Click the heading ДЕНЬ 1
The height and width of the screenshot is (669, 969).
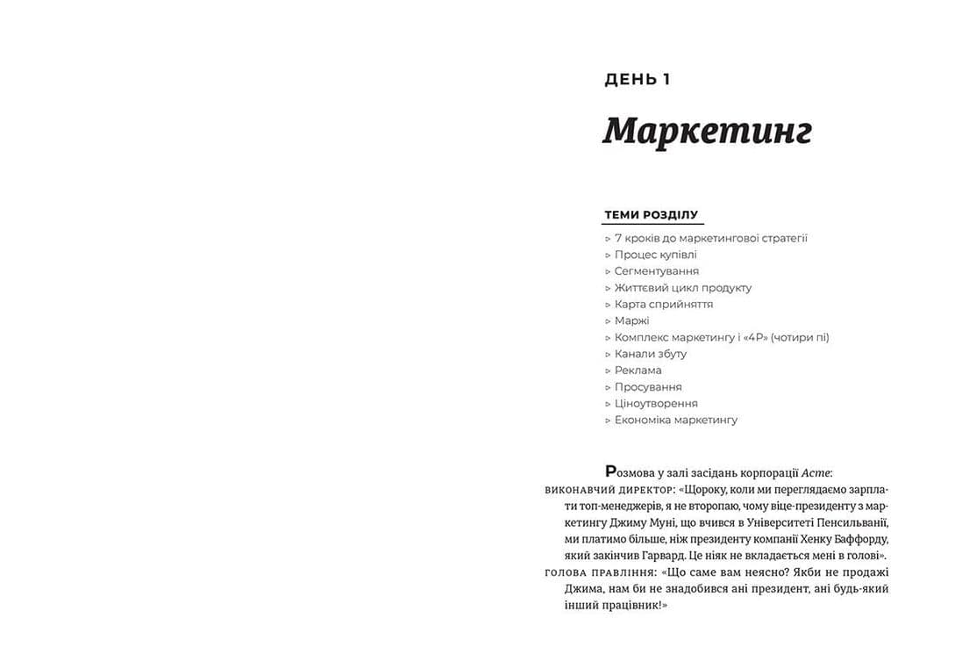637,80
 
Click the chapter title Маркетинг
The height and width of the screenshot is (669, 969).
707,131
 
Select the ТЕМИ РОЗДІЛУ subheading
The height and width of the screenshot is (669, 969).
651,215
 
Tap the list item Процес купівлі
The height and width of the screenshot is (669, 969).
655,255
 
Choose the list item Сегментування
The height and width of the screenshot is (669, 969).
656,271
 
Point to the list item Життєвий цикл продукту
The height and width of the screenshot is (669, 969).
682,288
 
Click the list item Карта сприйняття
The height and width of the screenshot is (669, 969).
663,305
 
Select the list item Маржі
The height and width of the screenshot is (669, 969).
631,320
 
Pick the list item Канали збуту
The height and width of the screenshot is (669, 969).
650,354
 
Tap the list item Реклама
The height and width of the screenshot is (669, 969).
638,370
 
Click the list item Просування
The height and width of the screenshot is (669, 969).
647,387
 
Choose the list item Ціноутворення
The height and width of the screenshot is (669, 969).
655,404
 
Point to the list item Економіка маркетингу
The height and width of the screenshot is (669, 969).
675,421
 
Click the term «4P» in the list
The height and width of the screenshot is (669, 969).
753,337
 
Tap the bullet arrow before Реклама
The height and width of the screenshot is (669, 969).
608,370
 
